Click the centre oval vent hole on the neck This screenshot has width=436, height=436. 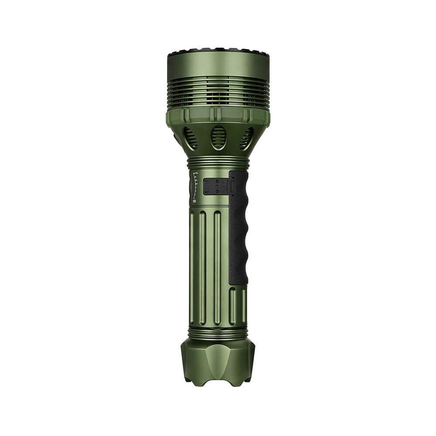click(218, 138)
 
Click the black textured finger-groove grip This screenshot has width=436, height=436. click(238, 227)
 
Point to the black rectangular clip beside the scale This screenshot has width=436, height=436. click(216, 187)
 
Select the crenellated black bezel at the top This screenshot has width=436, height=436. click(218, 52)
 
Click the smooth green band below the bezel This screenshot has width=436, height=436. click(218, 65)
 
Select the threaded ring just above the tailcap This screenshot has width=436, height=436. click(218, 333)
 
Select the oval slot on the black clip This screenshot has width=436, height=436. click(232, 187)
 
